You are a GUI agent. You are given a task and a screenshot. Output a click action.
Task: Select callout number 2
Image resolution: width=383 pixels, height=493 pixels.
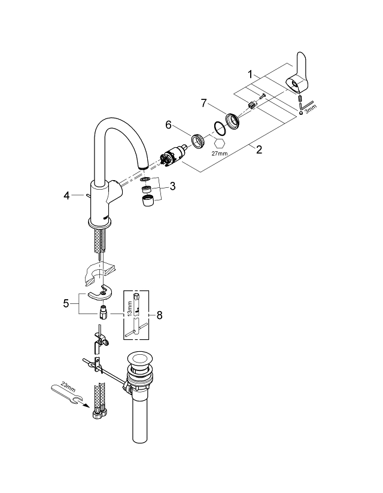click(x=259, y=150)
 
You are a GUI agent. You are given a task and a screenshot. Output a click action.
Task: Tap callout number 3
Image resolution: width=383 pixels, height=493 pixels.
click(x=172, y=187)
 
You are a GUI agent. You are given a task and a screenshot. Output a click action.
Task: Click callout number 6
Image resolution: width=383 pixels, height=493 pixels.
click(x=169, y=124)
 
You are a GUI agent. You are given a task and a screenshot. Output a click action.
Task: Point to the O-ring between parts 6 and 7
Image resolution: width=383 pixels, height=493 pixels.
click(x=220, y=127)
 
